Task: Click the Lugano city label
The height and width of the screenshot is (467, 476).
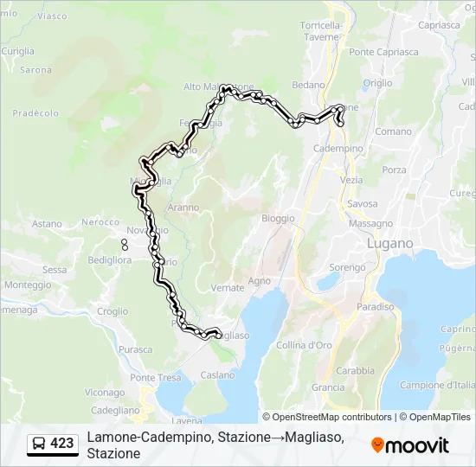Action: pyautogui.click(x=390, y=244)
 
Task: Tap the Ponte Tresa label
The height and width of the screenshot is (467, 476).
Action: pyautogui.click(x=155, y=378)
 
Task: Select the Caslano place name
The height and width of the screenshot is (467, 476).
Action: pyautogui.click(x=217, y=375)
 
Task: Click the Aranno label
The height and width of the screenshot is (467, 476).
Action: pyautogui.click(x=183, y=208)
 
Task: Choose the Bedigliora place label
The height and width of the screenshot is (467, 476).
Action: pyautogui.click(x=108, y=259)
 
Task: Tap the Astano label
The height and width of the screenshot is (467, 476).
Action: pyautogui.click(x=48, y=224)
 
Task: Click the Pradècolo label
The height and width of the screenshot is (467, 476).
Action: pyautogui.click(x=35, y=113)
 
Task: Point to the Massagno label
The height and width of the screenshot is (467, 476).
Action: pyautogui.click(x=370, y=223)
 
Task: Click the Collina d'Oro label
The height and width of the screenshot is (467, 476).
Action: pyautogui.click(x=304, y=346)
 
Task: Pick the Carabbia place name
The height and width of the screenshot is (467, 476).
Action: pyautogui.click(x=355, y=370)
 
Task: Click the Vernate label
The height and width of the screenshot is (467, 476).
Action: pyautogui.click(x=228, y=287)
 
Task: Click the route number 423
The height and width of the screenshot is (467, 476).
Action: pyautogui.click(x=61, y=444)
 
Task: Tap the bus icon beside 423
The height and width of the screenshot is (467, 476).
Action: pyautogui.click(x=38, y=445)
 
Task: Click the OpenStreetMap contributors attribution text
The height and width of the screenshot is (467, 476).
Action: pyautogui.click(x=327, y=417)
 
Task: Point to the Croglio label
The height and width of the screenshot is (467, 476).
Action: pyautogui.click(x=113, y=311)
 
